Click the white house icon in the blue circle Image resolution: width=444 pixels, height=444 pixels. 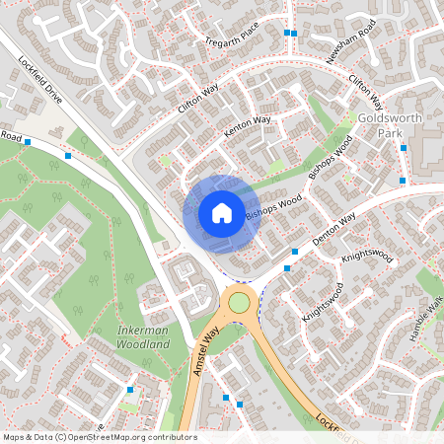tap(222, 212)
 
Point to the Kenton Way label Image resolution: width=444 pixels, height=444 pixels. tap(247, 125)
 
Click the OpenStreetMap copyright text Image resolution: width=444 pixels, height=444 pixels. tap(100, 436)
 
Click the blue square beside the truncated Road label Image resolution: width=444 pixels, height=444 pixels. tap(28, 142)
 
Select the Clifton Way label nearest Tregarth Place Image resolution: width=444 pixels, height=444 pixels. tap(198, 103)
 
